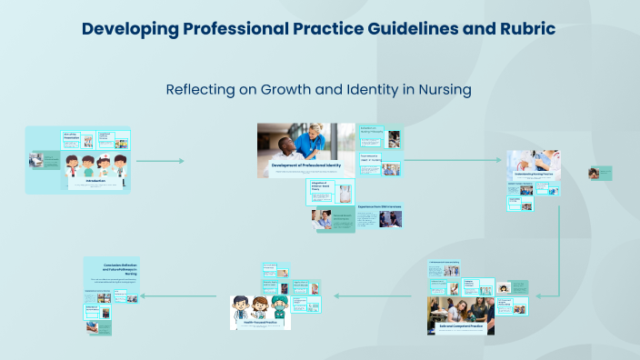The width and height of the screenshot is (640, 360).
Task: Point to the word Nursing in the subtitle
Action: (x=443, y=89)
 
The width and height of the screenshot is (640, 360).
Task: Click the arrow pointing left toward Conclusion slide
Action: (x=177, y=295)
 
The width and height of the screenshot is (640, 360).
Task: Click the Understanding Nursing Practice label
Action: (x=534, y=173)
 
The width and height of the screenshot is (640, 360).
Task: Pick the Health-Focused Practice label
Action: (x=260, y=320)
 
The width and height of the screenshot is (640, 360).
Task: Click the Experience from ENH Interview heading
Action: (x=379, y=207)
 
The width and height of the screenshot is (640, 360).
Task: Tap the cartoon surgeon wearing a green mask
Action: (x=278, y=306)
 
